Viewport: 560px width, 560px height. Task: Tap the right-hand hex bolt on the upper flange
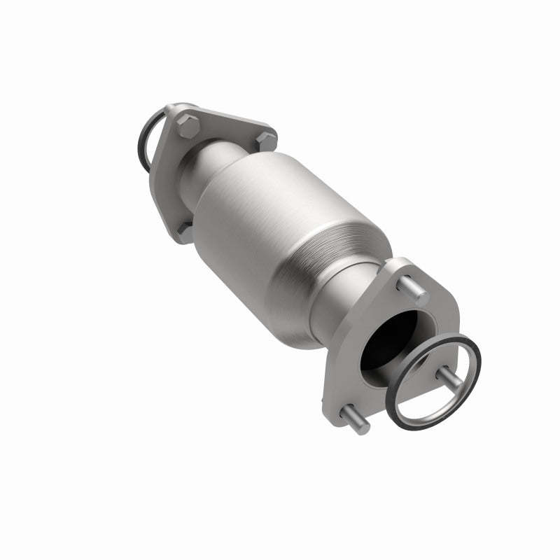pos(264,141)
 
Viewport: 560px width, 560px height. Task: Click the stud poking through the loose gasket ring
pos(448,378)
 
